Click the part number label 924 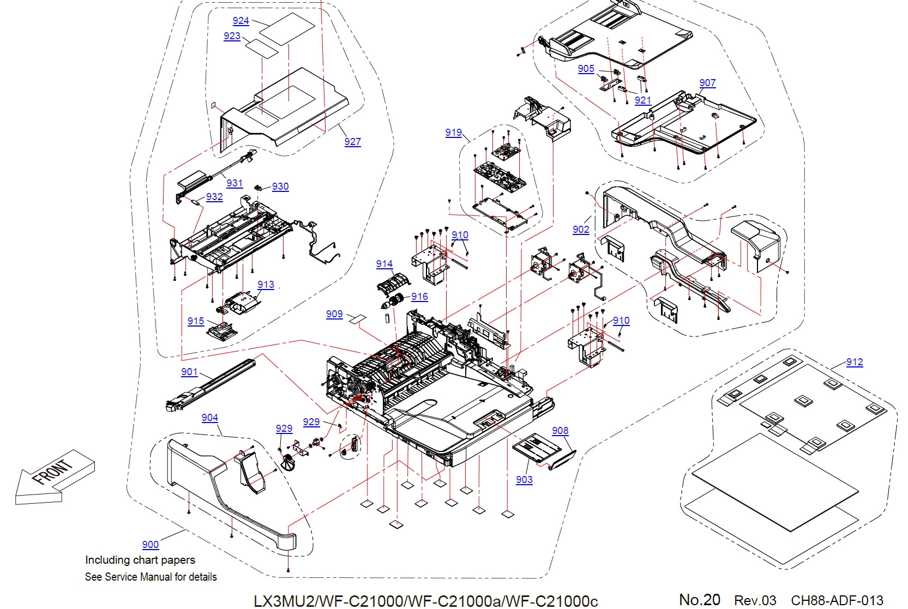pyautogui.click(x=240, y=21)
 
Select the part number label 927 pyautogui.click(x=352, y=142)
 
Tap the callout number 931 pyautogui.click(x=234, y=183)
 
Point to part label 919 pyautogui.click(x=453, y=132)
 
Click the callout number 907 pyautogui.click(x=707, y=83)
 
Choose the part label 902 pyautogui.click(x=581, y=230)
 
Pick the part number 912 pyautogui.click(x=855, y=362)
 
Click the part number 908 pyautogui.click(x=560, y=431)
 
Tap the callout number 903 pyautogui.click(x=524, y=480)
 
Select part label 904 pyautogui.click(x=209, y=418)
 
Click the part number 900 pyautogui.click(x=151, y=545)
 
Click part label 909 pyautogui.click(x=334, y=314)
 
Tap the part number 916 pyautogui.click(x=419, y=297)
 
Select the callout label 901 pyautogui.click(x=189, y=372)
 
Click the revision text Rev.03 pyautogui.click(x=755, y=600)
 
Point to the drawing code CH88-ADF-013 pyautogui.click(x=837, y=600)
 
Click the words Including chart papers pyautogui.click(x=140, y=560)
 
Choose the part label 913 pyautogui.click(x=266, y=285)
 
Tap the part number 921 pyautogui.click(x=643, y=100)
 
